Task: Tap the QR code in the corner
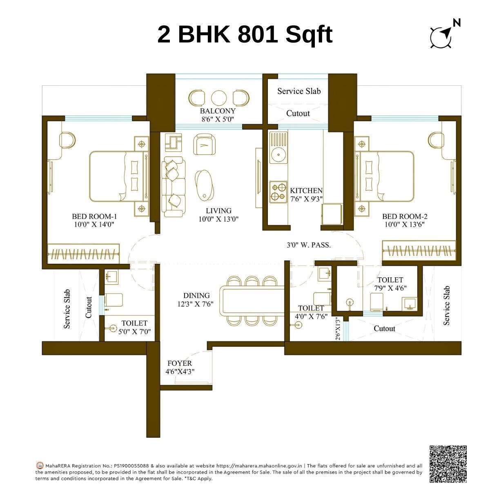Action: coord(448,463)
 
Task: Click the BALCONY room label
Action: coord(218,111)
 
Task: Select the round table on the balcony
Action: coord(218,98)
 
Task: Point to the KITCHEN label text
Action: coord(306,191)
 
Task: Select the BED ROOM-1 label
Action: coord(94,216)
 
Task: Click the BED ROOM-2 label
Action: coord(405,216)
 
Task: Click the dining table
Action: coord(252,301)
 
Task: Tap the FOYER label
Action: coord(179,363)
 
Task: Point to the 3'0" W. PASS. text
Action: coord(308,245)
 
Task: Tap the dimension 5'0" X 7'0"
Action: coord(134,332)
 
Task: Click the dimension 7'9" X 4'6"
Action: coord(390,288)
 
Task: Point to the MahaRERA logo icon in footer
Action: coord(40,465)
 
